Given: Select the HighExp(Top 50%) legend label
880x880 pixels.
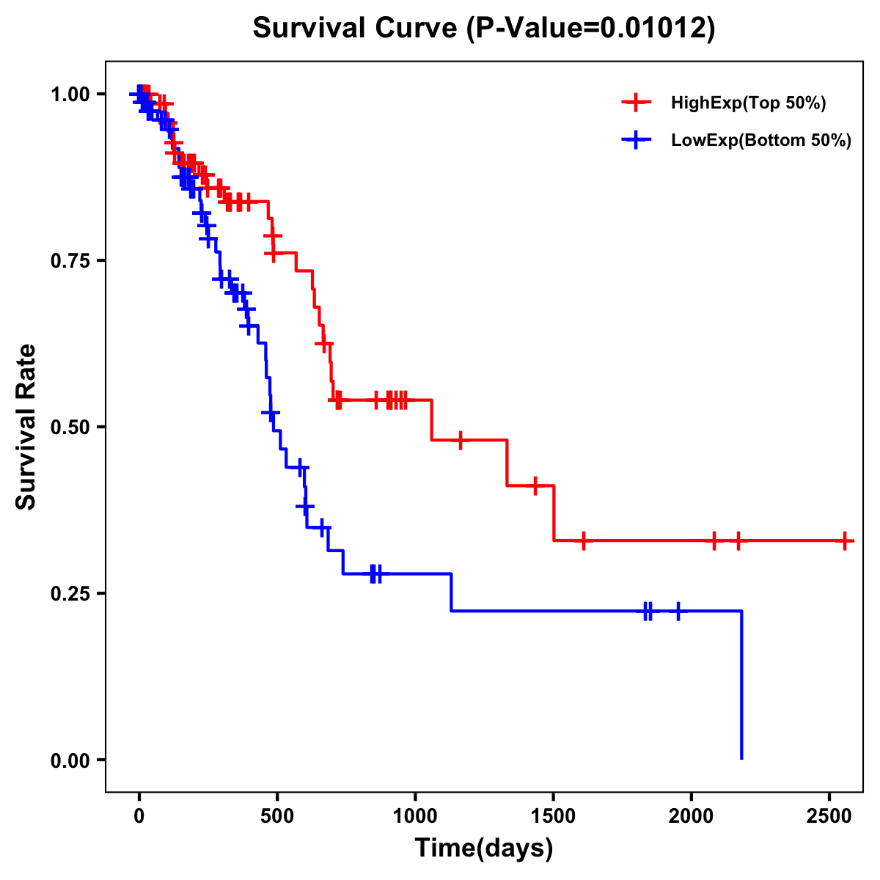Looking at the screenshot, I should point(748,103).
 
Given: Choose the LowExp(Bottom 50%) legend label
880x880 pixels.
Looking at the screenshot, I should point(761,141).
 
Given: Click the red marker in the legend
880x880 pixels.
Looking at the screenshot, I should point(637,103).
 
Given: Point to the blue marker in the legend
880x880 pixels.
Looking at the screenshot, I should point(637,140).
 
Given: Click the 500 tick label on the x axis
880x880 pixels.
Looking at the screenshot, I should point(277,814).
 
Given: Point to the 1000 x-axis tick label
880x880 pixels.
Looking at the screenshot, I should point(415,814).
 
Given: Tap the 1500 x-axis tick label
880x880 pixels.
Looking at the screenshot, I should point(553,814).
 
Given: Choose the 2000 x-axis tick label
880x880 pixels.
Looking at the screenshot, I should point(691,814).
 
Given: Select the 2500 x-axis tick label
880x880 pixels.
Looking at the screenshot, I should point(829,814).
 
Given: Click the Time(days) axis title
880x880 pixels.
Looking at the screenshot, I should point(484,848).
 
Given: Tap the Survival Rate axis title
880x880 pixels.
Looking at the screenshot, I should point(27,427).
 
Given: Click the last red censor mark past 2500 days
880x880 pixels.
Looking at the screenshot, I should point(845,541).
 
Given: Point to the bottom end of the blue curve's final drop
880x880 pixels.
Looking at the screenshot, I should point(741,758).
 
